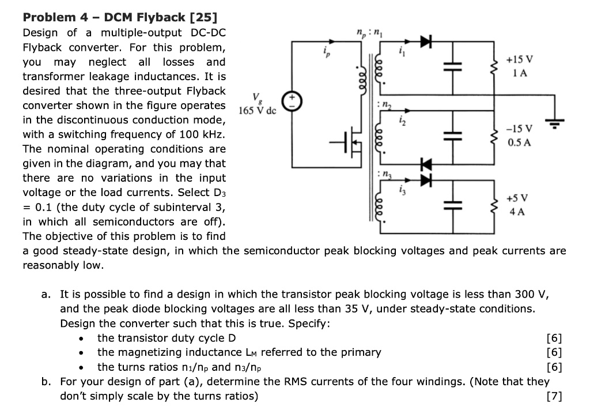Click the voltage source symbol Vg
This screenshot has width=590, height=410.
(294, 104)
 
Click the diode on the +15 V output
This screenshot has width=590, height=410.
(425, 41)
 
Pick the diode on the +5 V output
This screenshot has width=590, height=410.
(425, 180)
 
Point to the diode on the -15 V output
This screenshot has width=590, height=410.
(425, 164)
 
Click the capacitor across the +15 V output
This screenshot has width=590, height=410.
(452, 67)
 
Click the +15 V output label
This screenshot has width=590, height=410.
(519, 60)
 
